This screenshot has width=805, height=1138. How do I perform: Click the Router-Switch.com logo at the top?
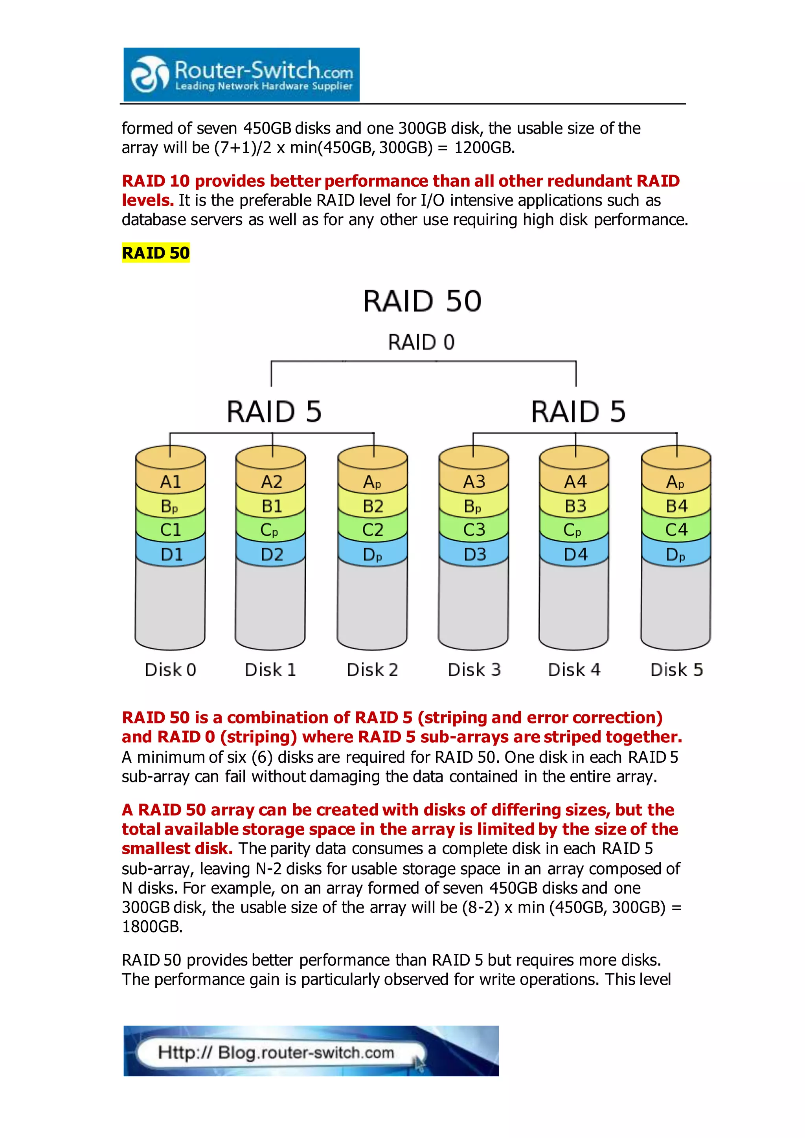click(x=241, y=75)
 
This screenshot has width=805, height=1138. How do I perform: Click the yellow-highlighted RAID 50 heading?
click(x=156, y=253)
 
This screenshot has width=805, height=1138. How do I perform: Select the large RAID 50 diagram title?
click(x=422, y=301)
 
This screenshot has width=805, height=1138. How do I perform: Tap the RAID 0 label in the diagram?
click(x=421, y=342)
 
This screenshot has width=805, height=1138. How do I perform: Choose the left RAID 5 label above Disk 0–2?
click(x=274, y=412)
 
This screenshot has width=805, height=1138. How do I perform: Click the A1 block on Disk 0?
click(x=171, y=482)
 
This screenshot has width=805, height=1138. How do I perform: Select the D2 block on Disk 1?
click(x=272, y=554)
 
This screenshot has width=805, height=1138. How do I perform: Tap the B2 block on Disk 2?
click(x=373, y=506)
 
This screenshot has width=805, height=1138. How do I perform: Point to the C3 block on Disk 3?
click(x=474, y=530)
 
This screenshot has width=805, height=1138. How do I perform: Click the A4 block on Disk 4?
click(x=575, y=482)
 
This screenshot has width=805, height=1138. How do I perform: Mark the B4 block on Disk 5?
click(x=676, y=506)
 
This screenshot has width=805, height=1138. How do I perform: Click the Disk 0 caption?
click(x=171, y=670)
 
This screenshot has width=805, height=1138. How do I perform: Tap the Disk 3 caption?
click(x=474, y=670)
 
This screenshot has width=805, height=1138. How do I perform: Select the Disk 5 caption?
click(x=676, y=670)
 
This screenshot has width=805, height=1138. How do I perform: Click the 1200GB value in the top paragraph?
click(x=484, y=148)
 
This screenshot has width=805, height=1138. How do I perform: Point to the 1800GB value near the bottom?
click(x=152, y=926)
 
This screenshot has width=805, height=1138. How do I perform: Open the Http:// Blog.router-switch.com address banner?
click(x=276, y=1052)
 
